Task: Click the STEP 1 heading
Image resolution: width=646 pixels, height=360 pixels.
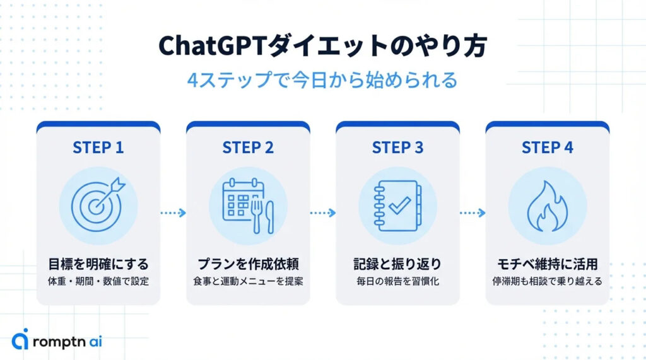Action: pyautogui.click(x=98, y=148)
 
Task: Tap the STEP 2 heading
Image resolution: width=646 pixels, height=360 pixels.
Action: pyautogui.click(x=248, y=148)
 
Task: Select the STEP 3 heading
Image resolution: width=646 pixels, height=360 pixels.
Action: pyautogui.click(x=397, y=148)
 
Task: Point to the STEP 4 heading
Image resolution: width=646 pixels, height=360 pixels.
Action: pyautogui.click(x=547, y=148)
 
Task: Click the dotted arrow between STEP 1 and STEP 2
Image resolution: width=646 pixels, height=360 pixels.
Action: pyautogui.click(x=173, y=213)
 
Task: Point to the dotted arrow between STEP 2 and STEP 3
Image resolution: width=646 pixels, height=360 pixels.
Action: pyautogui.click(x=322, y=213)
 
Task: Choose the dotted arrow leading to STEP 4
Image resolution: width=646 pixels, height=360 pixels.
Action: pyautogui.click(x=472, y=213)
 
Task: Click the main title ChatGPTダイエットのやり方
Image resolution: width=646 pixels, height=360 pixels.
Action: pyautogui.click(x=322, y=47)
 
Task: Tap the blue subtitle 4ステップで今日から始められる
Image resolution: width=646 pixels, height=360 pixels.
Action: pyautogui.click(x=322, y=81)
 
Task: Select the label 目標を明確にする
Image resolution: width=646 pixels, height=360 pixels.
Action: pyautogui.click(x=98, y=264)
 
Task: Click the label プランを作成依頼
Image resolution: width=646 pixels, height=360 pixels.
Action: pyautogui.click(x=248, y=264)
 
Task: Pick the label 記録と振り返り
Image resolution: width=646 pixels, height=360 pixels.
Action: pyautogui.click(x=397, y=264)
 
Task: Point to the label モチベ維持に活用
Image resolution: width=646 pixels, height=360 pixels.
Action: pyautogui.click(x=547, y=264)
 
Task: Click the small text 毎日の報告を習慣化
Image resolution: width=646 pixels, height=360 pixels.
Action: pyautogui.click(x=397, y=281)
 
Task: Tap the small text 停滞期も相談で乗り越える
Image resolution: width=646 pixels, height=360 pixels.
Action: pyautogui.click(x=547, y=281)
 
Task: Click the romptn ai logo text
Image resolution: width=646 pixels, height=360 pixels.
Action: pyautogui.click(x=68, y=341)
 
